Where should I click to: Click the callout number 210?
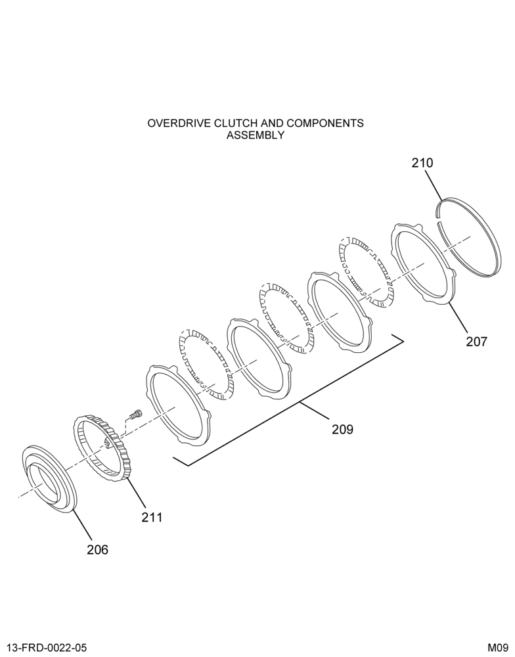[422, 162]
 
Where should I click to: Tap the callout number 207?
[477, 342]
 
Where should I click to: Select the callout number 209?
[342, 430]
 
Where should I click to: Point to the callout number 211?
[151, 518]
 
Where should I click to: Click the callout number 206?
[97, 549]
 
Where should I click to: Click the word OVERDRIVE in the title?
[179, 124]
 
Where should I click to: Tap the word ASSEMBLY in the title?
[256, 135]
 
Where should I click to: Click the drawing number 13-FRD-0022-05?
[47, 648]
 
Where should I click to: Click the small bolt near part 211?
[135, 415]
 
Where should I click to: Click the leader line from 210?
[434, 185]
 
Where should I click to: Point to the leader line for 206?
[83, 524]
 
